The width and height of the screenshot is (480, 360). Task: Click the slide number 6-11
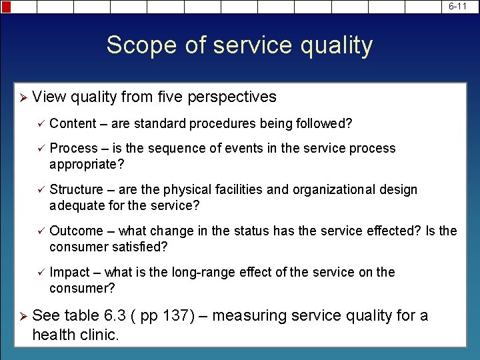457,6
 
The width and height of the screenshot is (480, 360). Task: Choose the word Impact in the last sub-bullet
69,272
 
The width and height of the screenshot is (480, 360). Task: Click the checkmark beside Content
40,123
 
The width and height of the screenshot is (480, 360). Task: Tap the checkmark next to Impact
40,272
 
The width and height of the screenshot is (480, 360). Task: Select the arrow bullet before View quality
22,97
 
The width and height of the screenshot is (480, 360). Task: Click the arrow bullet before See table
22,315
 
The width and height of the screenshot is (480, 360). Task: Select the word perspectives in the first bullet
233,97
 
